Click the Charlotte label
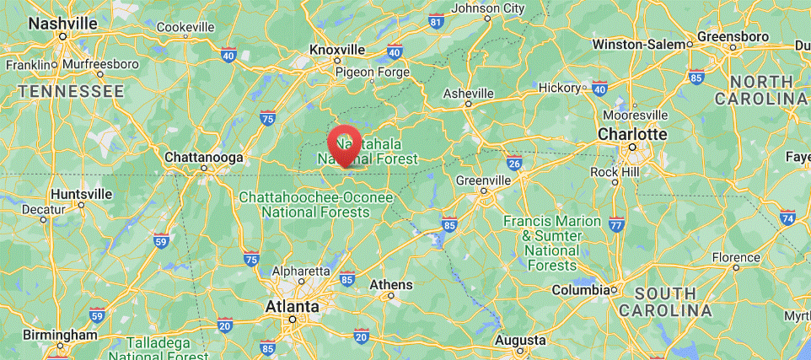click(x=631, y=134)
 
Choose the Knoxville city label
click(x=337, y=50)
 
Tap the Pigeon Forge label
click(x=373, y=72)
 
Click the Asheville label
click(x=468, y=92)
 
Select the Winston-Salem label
click(x=640, y=44)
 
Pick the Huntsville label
click(x=81, y=194)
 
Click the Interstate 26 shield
click(x=514, y=162)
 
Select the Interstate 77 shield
click(x=616, y=224)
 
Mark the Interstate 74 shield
click(x=788, y=218)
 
